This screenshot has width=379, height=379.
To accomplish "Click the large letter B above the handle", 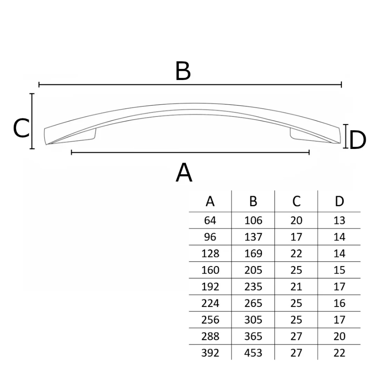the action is [x=183, y=71].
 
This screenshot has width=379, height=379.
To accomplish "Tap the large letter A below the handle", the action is [x=184, y=172].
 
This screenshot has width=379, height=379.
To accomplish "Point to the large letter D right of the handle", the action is [x=357, y=140].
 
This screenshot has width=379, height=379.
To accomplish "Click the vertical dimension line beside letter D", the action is [x=346, y=136].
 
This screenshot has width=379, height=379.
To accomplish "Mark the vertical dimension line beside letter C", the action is [x=32, y=121].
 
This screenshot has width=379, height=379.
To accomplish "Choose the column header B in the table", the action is [x=253, y=201].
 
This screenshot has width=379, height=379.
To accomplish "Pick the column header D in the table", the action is [x=339, y=201].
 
